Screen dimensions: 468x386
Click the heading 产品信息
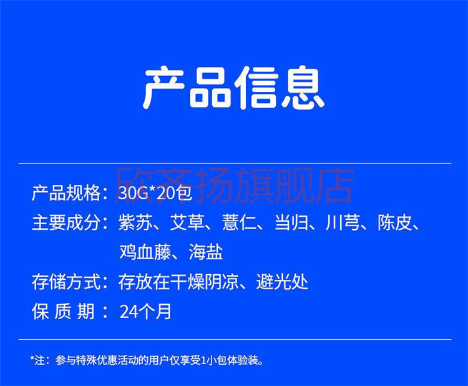point(234,87)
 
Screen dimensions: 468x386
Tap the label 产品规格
point(66,193)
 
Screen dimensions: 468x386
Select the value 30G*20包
point(155,193)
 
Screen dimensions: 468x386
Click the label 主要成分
point(66,222)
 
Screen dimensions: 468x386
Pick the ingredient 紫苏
point(135,222)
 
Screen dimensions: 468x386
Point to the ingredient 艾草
point(187,222)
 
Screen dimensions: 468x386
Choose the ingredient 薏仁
point(240,222)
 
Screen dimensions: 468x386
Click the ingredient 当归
point(291,222)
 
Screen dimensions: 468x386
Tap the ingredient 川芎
point(343,222)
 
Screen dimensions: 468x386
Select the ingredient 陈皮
point(395,222)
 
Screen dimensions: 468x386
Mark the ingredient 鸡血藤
point(145,252)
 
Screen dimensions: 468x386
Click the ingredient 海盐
point(206,252)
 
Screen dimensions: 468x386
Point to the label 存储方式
point(66,282)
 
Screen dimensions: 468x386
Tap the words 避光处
point(282,282)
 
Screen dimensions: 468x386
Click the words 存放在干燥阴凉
point(179,282)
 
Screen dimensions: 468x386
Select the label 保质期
point(63,311)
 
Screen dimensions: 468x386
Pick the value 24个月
point(145,311)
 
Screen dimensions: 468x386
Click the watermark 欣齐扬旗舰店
point(235,186)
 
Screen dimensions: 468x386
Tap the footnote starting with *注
point(147,360)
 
